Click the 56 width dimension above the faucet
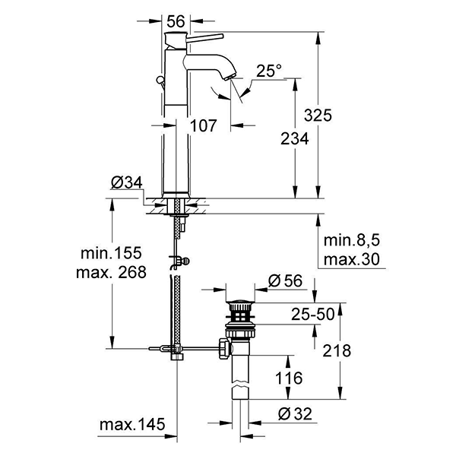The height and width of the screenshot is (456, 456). [x=176, y=22]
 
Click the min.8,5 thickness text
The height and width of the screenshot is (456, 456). [x=351, y=242]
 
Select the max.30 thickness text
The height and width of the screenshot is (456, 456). [x=350, y=260]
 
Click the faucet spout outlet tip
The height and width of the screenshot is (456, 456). [x=233, y=78]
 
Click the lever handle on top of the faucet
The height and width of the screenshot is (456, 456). [x=198, y=39]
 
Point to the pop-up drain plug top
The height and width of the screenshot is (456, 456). [x=240, y=298]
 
